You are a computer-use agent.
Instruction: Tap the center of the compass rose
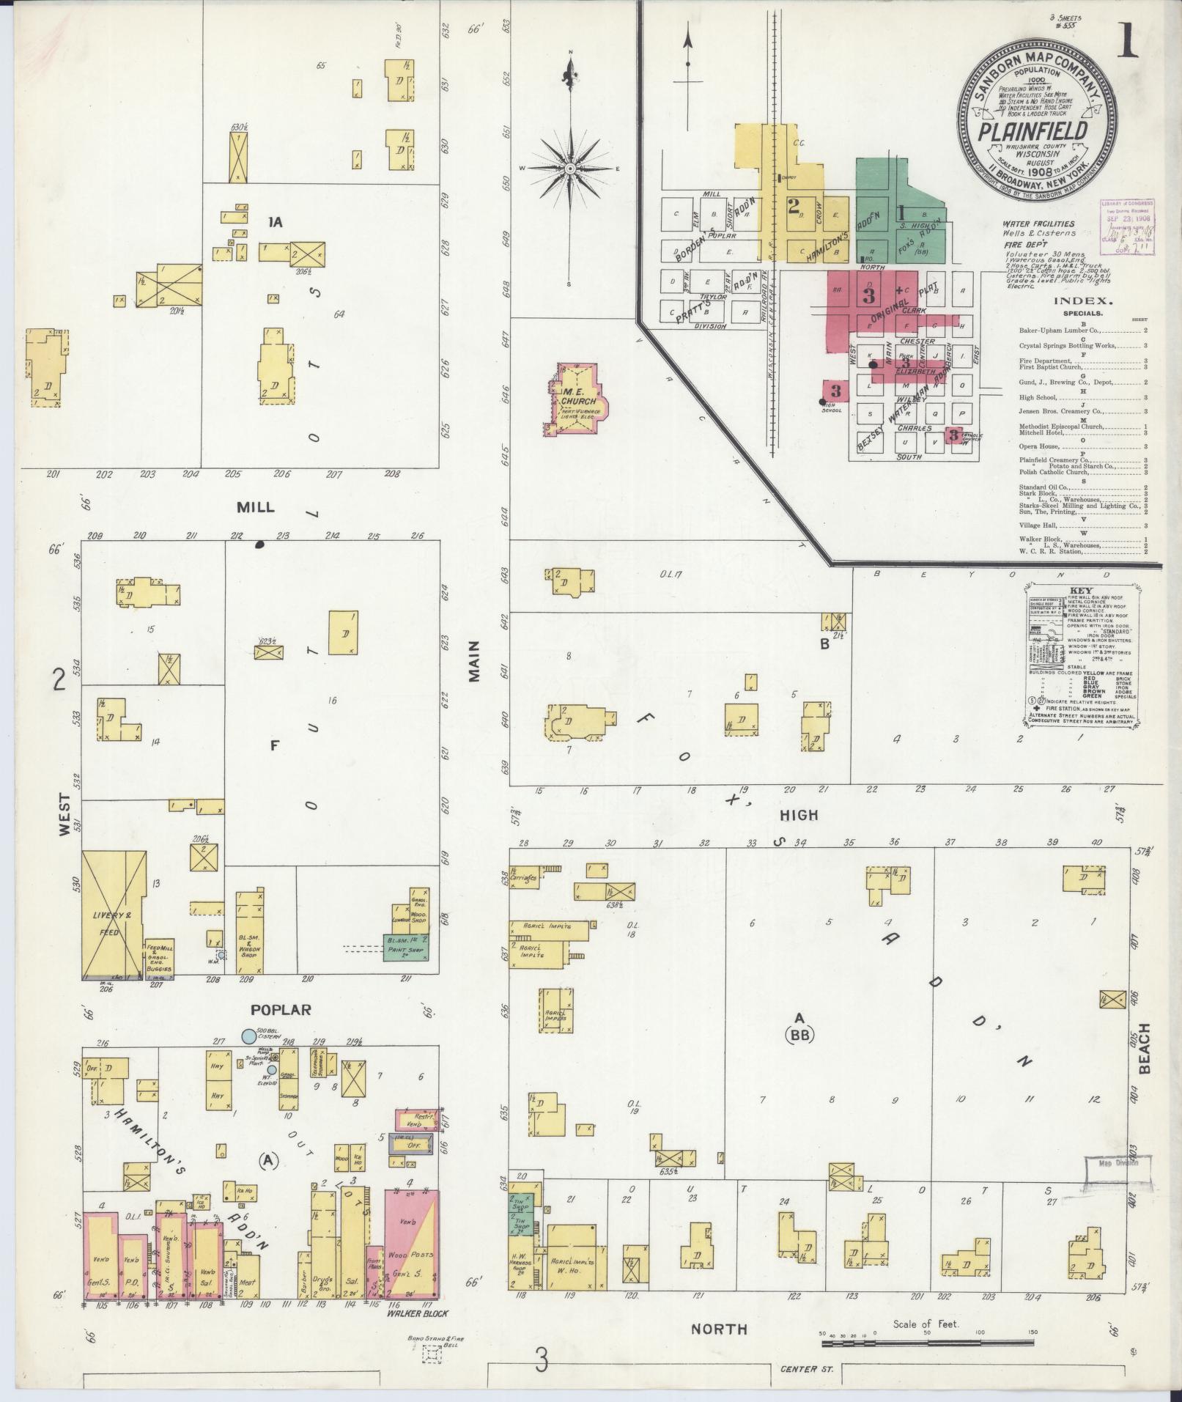(570, 169)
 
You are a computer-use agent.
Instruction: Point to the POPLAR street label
(281, 1009)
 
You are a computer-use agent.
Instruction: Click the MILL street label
(255, 507)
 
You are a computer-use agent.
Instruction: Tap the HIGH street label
(798, 814)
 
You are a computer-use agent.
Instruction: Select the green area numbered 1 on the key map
(900, 213)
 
